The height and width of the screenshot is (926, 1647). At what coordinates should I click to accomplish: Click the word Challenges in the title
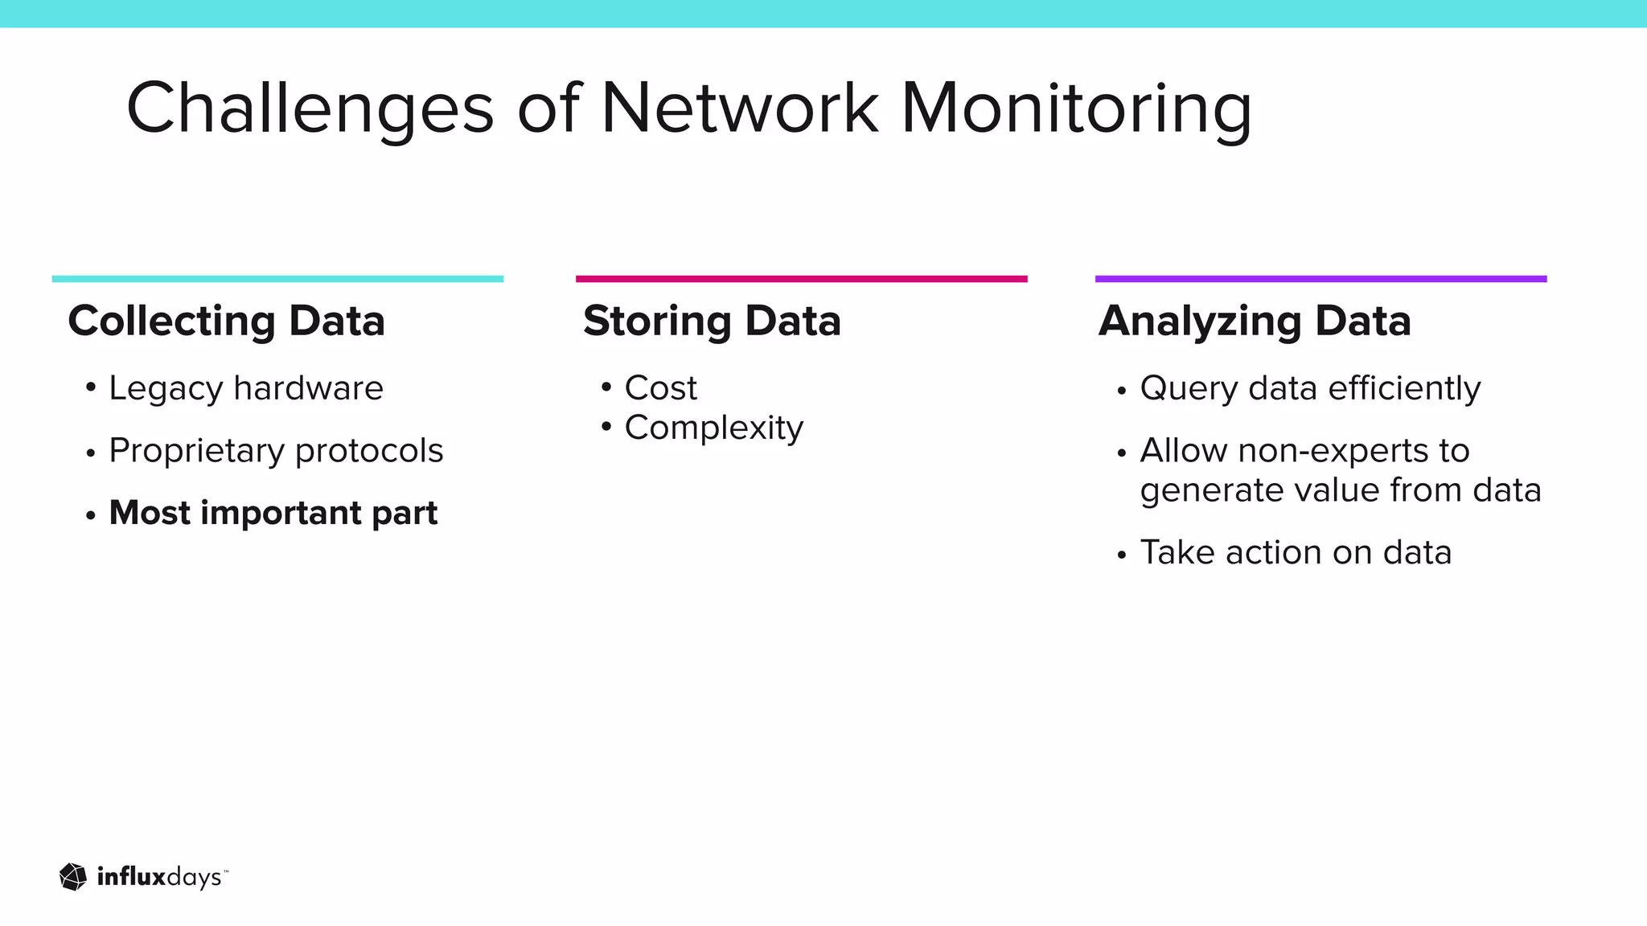(310, 109)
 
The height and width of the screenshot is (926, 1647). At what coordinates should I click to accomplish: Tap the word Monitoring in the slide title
(1076, 109)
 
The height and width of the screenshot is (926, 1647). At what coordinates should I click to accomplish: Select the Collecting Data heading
(227, 322)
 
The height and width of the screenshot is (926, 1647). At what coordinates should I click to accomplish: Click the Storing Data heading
(712, 322)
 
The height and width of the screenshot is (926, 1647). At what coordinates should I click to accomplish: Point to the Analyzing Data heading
(1255, 322)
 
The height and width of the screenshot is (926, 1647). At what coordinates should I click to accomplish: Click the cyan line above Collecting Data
(277, 279)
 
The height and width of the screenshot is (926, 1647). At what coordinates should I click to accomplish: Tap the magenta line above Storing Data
(801, 279)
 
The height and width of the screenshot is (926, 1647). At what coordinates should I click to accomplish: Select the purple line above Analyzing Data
(1320, 279)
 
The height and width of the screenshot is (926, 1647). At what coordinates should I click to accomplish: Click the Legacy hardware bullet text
(246, 389)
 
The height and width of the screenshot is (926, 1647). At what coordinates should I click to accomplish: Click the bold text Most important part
(273, 513)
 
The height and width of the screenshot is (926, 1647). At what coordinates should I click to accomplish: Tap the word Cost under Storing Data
(660, 389)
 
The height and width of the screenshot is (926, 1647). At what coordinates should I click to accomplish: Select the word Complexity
(713, 428)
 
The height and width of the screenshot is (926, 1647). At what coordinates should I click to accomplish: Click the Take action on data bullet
(1296, 553)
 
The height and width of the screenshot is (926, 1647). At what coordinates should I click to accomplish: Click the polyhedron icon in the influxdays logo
(73, 877)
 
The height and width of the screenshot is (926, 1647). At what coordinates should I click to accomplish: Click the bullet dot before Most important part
(91, 515)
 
